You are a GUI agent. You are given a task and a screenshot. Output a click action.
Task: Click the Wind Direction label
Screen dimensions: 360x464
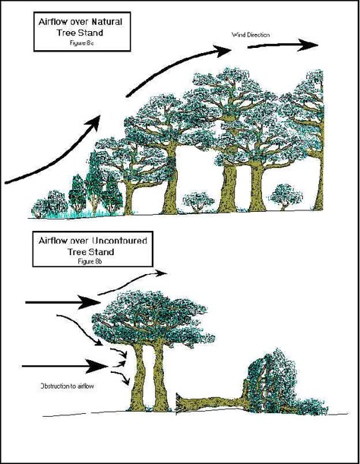(251, 35)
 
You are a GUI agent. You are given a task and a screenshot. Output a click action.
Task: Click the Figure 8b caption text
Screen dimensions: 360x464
(90, 261)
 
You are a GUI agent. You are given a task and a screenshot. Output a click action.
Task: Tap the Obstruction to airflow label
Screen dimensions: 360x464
(67, 387)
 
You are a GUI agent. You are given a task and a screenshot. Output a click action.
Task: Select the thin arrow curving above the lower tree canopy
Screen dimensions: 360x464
(132, 282)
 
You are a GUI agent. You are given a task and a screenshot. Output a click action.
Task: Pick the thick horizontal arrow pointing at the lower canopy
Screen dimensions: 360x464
(63, 302)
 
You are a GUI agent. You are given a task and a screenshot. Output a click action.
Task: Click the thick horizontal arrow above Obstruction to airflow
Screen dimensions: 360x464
(65, 366)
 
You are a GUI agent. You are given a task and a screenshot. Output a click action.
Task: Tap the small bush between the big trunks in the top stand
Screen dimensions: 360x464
(198, 202)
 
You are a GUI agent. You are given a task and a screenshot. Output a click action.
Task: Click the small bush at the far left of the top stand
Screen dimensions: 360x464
(39, 209)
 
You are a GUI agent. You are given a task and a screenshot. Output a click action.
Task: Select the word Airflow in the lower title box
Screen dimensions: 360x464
(53, 241)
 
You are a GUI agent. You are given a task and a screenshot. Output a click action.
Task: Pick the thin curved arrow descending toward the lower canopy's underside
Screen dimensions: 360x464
(80, 329)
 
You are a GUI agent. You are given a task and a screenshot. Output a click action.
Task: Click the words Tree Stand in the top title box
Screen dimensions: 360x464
(80, 33)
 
